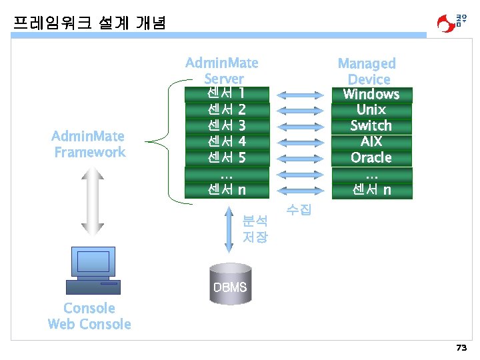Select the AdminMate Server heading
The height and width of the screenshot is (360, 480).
[221, 71]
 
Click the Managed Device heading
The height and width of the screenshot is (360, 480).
[367, 71]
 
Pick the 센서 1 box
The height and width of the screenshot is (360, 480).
[227, 93]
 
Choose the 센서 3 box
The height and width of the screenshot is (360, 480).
[227, 125]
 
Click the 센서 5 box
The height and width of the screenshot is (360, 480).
[227, 158]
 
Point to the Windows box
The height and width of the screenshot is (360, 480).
[371, 94]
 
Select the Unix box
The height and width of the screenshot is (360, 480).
[371, 110]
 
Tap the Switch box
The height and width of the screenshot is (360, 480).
[371, 126]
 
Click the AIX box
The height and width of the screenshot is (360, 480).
[371, 142]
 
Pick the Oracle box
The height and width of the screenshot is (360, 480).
[371, 158]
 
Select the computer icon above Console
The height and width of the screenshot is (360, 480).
[93, 270]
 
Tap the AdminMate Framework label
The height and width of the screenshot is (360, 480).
[89, 145]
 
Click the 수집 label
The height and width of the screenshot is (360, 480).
[298, 211]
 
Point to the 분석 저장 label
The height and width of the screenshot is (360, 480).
[255, 228]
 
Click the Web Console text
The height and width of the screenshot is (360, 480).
[89, 325]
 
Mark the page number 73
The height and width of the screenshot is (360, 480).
[461, 348]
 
